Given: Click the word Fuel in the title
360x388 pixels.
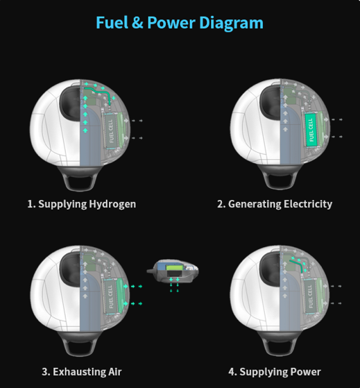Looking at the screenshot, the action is (x=112, y=23).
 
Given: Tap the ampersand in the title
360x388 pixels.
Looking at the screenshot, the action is (x=137, y=23).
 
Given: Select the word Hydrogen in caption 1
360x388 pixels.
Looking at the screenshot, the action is (x=112, y=204).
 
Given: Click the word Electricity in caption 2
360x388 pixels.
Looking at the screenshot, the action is (x=308, y=204).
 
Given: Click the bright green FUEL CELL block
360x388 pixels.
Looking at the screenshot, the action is (x=311, y=130).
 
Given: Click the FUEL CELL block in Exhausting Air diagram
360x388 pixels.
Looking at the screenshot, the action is (x=110, y=296).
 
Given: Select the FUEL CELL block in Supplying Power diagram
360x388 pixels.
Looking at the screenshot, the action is (x=310, y=296).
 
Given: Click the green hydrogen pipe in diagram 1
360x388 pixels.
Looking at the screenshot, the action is (x=98, y=92).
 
